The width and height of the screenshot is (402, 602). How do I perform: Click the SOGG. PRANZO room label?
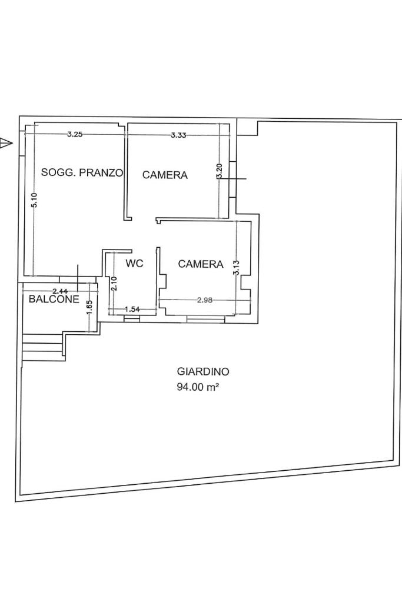click(82, 173)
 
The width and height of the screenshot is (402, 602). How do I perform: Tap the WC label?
click(134, 264)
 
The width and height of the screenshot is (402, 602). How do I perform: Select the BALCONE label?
click(54, 299)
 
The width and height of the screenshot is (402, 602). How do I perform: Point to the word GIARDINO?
click(203, 372)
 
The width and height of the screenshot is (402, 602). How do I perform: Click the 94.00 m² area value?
click(198, 387)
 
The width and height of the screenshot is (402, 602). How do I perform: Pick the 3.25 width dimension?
click(75, 134)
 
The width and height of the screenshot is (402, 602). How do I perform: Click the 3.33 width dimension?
click(178, 135)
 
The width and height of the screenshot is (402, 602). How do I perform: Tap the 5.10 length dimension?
click(34, 200)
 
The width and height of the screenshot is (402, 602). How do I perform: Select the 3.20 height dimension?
click(219, 171)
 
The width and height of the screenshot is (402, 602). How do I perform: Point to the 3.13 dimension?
click(236, 268)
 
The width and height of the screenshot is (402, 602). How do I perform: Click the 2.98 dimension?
click(205, 300)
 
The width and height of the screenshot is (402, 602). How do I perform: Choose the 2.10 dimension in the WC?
click(113, 284)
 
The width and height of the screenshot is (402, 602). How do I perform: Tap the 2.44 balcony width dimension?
click(60, 291)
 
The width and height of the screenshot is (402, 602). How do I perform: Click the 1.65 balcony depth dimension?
click(89, 308)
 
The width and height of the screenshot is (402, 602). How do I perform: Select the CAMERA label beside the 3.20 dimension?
click(165, 175)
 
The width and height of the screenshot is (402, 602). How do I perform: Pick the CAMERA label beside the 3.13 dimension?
click(201, 264)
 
